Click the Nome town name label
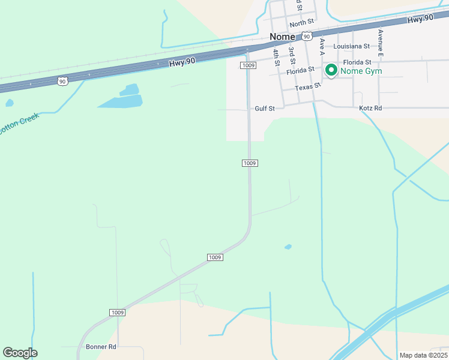click(282, 37)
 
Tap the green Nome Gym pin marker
click(331, 71)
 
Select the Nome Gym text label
click(361, 71)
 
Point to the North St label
click(301, 24)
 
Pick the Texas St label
click(309, 87)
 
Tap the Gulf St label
click(264, 109)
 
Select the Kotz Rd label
click(370, 109)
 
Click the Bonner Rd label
click(101, 347)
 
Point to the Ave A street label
click(322, 44)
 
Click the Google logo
click(20, 353)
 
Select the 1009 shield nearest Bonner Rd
click(118, 313)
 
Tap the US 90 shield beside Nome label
click(307, 36)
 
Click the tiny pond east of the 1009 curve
click(288, 247)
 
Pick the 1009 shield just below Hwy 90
click(249, 65)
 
